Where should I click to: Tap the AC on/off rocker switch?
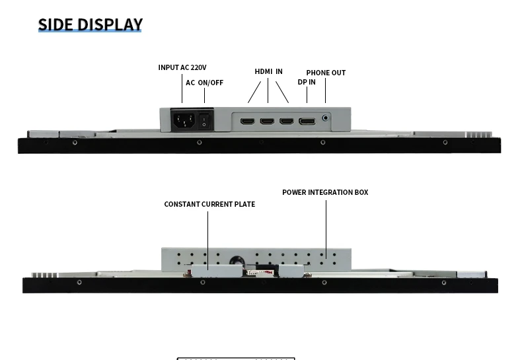204,122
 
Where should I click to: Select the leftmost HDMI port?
248,122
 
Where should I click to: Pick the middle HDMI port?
268,122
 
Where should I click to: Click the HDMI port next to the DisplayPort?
287,122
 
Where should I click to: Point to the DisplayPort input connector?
307,122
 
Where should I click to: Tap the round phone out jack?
325,120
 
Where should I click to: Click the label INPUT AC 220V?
182,67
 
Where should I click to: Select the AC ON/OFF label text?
204,83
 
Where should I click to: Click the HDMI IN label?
268,71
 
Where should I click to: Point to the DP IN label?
307,82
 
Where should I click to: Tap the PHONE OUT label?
326,73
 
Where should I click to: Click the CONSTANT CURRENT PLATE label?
209,204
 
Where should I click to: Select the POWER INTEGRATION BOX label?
325,192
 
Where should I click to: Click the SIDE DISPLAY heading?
91,25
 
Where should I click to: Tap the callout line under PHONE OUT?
325,90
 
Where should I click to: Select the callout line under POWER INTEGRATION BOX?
326,228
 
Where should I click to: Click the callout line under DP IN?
307,94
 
